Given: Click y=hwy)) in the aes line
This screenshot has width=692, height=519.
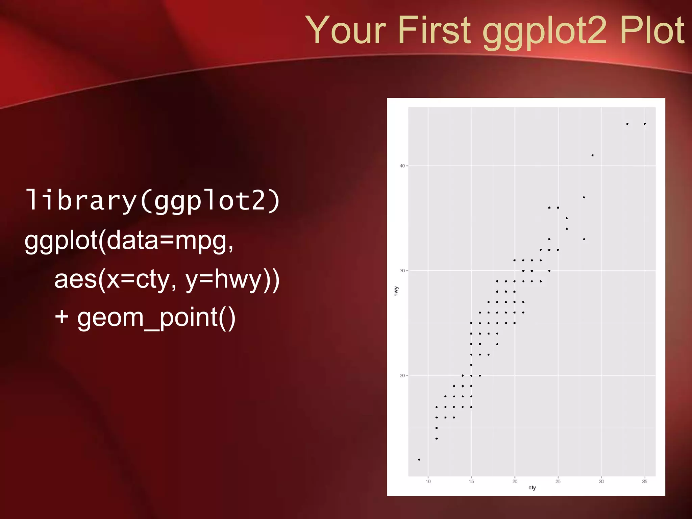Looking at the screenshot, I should pyautogui.click(x=232, y=280).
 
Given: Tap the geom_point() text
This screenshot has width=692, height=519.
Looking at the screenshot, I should pyautogui.click(x=156, y=318).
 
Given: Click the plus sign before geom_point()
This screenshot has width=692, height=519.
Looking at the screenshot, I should pyautogui.click(x=62, y=317).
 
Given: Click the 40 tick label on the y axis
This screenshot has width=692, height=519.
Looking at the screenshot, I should pyautogui.click(x=402, y=166).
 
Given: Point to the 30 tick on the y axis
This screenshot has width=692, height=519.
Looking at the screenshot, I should pyautogui.click(x=402, y=271).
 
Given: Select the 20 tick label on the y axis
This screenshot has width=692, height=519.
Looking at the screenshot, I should pyautogui.click(x=402, y=376).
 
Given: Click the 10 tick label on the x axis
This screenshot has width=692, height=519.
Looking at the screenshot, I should pyautogui.click(x=428, y=481).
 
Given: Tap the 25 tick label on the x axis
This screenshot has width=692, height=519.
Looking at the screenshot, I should pyautogui.click(x=558, y=481).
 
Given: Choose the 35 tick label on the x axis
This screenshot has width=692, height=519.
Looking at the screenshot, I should pyautogui.click(x=645, y=481).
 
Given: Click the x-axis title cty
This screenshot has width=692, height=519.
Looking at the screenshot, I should pyautogui.click(x=532, y=488).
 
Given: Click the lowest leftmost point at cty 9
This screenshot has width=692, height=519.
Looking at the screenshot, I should pyautogui.click(x=419, y=460).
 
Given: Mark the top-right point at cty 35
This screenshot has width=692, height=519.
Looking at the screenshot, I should pyautogui.click(x=645, y=124).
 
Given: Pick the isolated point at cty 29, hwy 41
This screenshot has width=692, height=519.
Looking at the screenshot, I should pyautogui.click(x=593, y=155).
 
